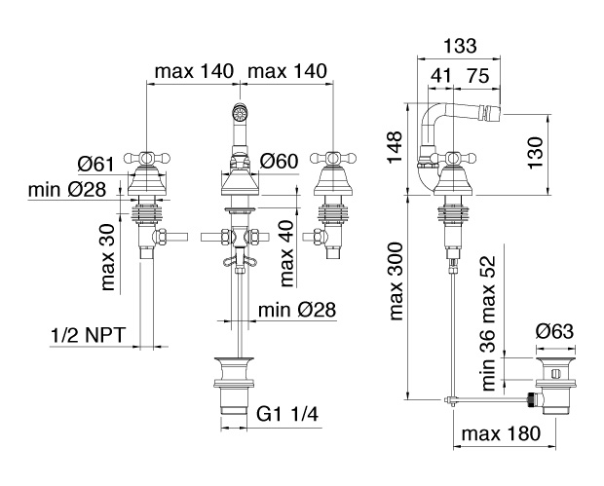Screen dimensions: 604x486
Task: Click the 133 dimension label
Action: click(460, 46)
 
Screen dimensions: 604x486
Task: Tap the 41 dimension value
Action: click(440, 75)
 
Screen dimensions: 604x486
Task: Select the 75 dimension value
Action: click(477, 75)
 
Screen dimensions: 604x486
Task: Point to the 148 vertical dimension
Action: click(395, 147)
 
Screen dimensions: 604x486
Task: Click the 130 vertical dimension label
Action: click(535, 153)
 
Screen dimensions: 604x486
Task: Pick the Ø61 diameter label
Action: click(96, 165)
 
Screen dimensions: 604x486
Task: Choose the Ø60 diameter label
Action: click(280, 161)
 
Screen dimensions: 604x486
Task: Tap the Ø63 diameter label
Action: click(555, 331)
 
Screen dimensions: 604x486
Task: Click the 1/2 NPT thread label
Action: click(89, 335)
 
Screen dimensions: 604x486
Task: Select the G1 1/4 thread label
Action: click(287, 415)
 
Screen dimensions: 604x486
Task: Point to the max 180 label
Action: click(501, 433)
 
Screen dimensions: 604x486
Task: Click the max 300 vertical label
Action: click(396, 281)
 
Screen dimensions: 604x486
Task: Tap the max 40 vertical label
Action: click(286, 255)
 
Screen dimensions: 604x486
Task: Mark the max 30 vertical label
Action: click(107, 257)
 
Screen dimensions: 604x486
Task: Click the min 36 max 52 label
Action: click(488, 323)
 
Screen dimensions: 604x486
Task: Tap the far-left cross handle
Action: click(147, 158)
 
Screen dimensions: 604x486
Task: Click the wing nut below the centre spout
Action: click(240, 261)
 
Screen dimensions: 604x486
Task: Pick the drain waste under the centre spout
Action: click(234, 386)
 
